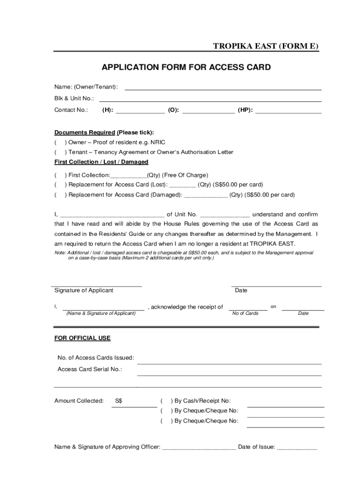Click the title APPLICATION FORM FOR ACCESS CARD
186,68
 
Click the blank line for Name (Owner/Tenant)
223,87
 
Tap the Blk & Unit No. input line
210,99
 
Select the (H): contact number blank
140,111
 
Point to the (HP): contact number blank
288,111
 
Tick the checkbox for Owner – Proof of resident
60,142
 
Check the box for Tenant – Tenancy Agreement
60,152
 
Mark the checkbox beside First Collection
60,175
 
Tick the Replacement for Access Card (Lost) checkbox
60,184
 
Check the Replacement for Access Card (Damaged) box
60,195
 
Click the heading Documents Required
85,132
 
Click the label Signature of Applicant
84,290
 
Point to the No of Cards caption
245,313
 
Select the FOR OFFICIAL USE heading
82,338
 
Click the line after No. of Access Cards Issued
229,361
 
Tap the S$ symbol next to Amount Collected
119,401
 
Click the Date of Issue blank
297,447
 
